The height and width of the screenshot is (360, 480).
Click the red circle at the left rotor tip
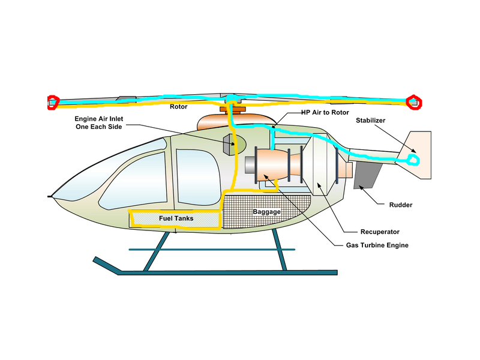[x=53, y=103]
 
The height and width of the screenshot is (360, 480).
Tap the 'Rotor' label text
[x=178, y=107]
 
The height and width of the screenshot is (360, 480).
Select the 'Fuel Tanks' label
[x=176, y=218]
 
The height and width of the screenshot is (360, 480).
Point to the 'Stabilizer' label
[x=370, y=120]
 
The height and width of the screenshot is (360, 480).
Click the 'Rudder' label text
[x=400, y=205]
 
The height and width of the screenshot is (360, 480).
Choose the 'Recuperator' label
[x=380, y=232]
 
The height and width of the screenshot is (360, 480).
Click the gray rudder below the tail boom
[x=367, y=174]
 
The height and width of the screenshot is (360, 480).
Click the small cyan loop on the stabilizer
[x=413, y=159]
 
